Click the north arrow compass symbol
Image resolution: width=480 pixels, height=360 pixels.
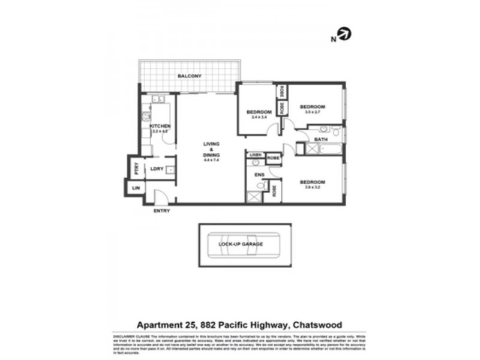(344, 34)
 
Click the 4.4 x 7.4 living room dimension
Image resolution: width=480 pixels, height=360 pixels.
(212, 160)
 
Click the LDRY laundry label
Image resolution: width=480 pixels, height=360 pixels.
(157, 169)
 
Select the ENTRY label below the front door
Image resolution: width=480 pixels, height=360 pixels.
(161, 211)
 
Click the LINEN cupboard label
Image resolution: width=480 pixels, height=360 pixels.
(255, 155)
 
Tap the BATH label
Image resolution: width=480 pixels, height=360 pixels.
(321, 139)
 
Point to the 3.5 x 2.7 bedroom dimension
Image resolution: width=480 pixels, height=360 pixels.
(312, 112)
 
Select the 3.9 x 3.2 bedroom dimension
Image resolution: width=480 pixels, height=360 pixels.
(312, 188)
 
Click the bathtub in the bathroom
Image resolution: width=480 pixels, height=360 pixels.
(324, 148)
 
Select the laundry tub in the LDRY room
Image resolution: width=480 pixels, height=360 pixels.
(170, 170)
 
